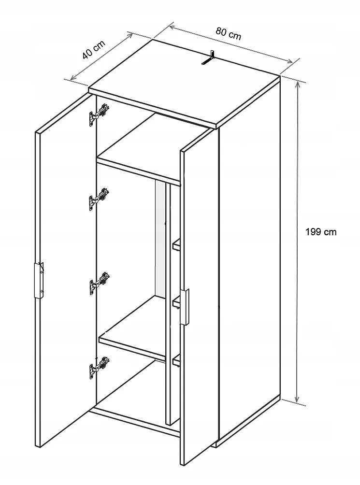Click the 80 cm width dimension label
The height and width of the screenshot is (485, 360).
229,33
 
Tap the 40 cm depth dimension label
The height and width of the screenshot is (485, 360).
94,49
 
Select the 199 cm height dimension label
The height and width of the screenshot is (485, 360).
321,232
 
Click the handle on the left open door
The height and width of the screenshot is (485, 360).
39,281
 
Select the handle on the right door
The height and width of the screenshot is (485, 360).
185,307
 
